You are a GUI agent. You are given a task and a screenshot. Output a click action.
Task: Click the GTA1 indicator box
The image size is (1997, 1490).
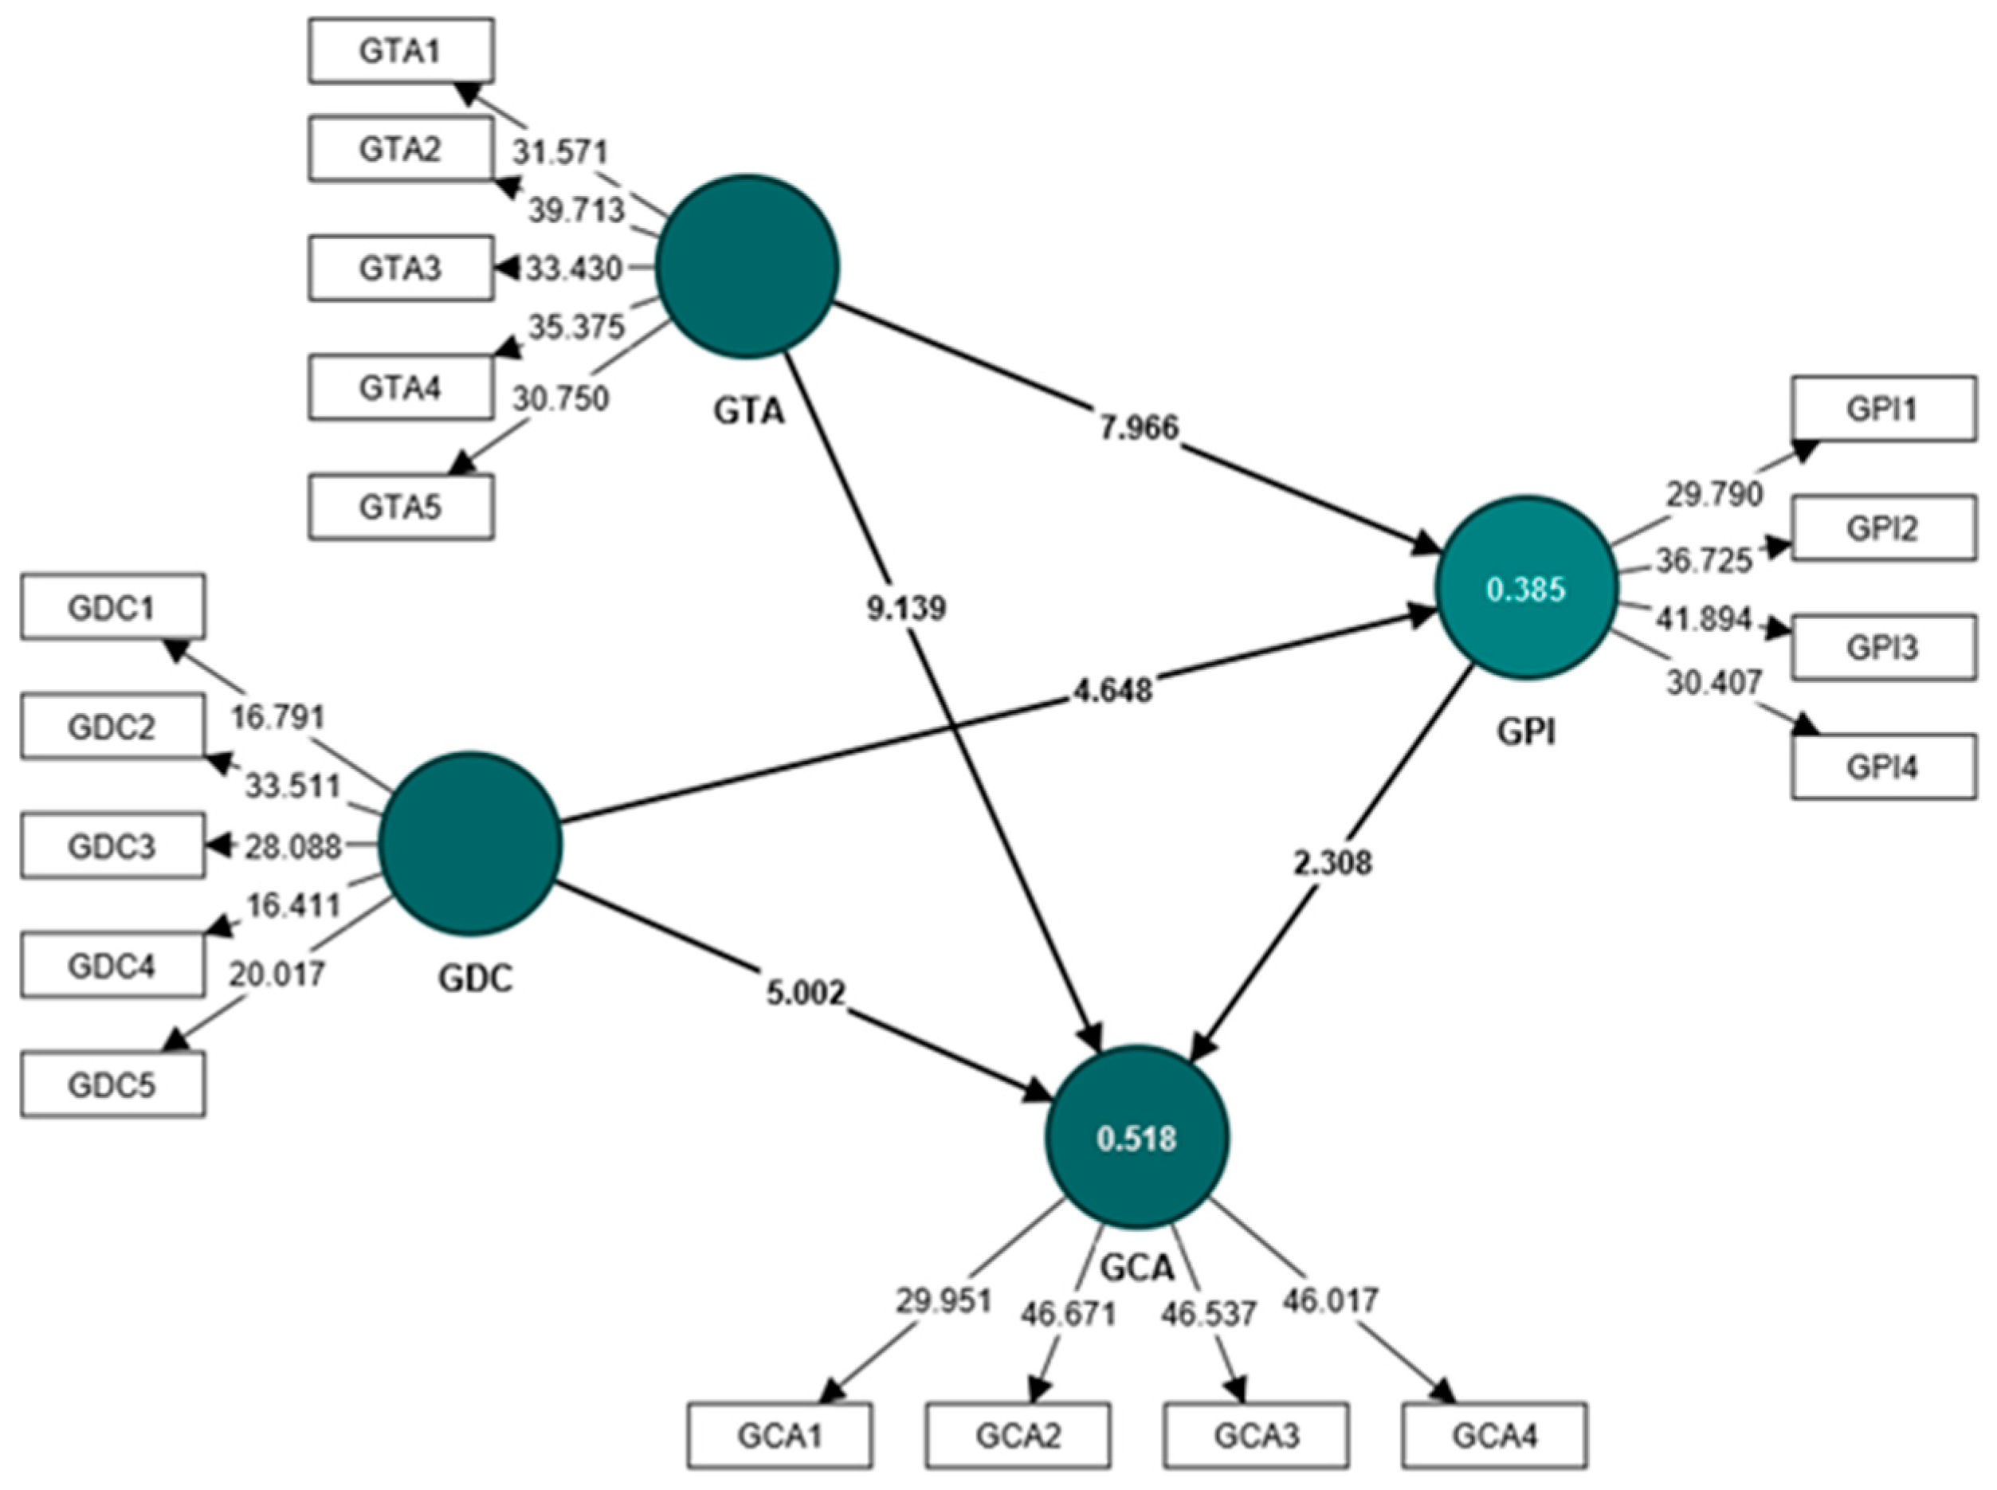click(401, 52)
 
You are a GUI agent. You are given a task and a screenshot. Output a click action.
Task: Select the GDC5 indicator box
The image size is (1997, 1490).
click(112, 1084)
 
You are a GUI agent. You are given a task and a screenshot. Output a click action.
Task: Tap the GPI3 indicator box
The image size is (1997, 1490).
click(1882, 647)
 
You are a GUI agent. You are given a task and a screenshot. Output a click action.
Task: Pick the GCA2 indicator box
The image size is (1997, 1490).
click(1018, 1434)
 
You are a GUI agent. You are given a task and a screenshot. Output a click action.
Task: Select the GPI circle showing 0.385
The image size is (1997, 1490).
click(1525, 589)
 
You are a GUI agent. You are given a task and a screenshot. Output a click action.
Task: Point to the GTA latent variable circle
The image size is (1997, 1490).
click(747, 266)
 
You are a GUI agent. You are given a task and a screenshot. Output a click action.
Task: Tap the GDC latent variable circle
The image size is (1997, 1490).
click(470, 842)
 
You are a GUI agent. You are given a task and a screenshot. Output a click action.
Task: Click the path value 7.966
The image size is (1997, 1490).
click(1138, 426)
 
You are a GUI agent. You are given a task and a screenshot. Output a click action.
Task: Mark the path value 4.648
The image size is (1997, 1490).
click(1112, 690)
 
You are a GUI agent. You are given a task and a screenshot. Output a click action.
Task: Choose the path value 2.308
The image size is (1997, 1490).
click(1332, 863)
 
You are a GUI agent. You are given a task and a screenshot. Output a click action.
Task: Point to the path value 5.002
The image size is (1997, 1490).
click(806, 993)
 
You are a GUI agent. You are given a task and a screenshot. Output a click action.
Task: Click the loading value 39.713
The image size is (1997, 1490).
click(575, 210)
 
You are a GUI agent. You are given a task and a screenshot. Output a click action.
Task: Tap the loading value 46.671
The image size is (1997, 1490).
click(1068, 1314)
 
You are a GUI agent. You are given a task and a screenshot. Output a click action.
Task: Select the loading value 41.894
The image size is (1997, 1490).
click(1703, 620)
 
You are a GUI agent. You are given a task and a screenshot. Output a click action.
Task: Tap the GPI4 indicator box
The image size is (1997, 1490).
click(1882, 767)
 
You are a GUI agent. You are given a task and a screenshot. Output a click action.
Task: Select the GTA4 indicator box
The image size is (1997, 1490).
click(401, 388)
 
